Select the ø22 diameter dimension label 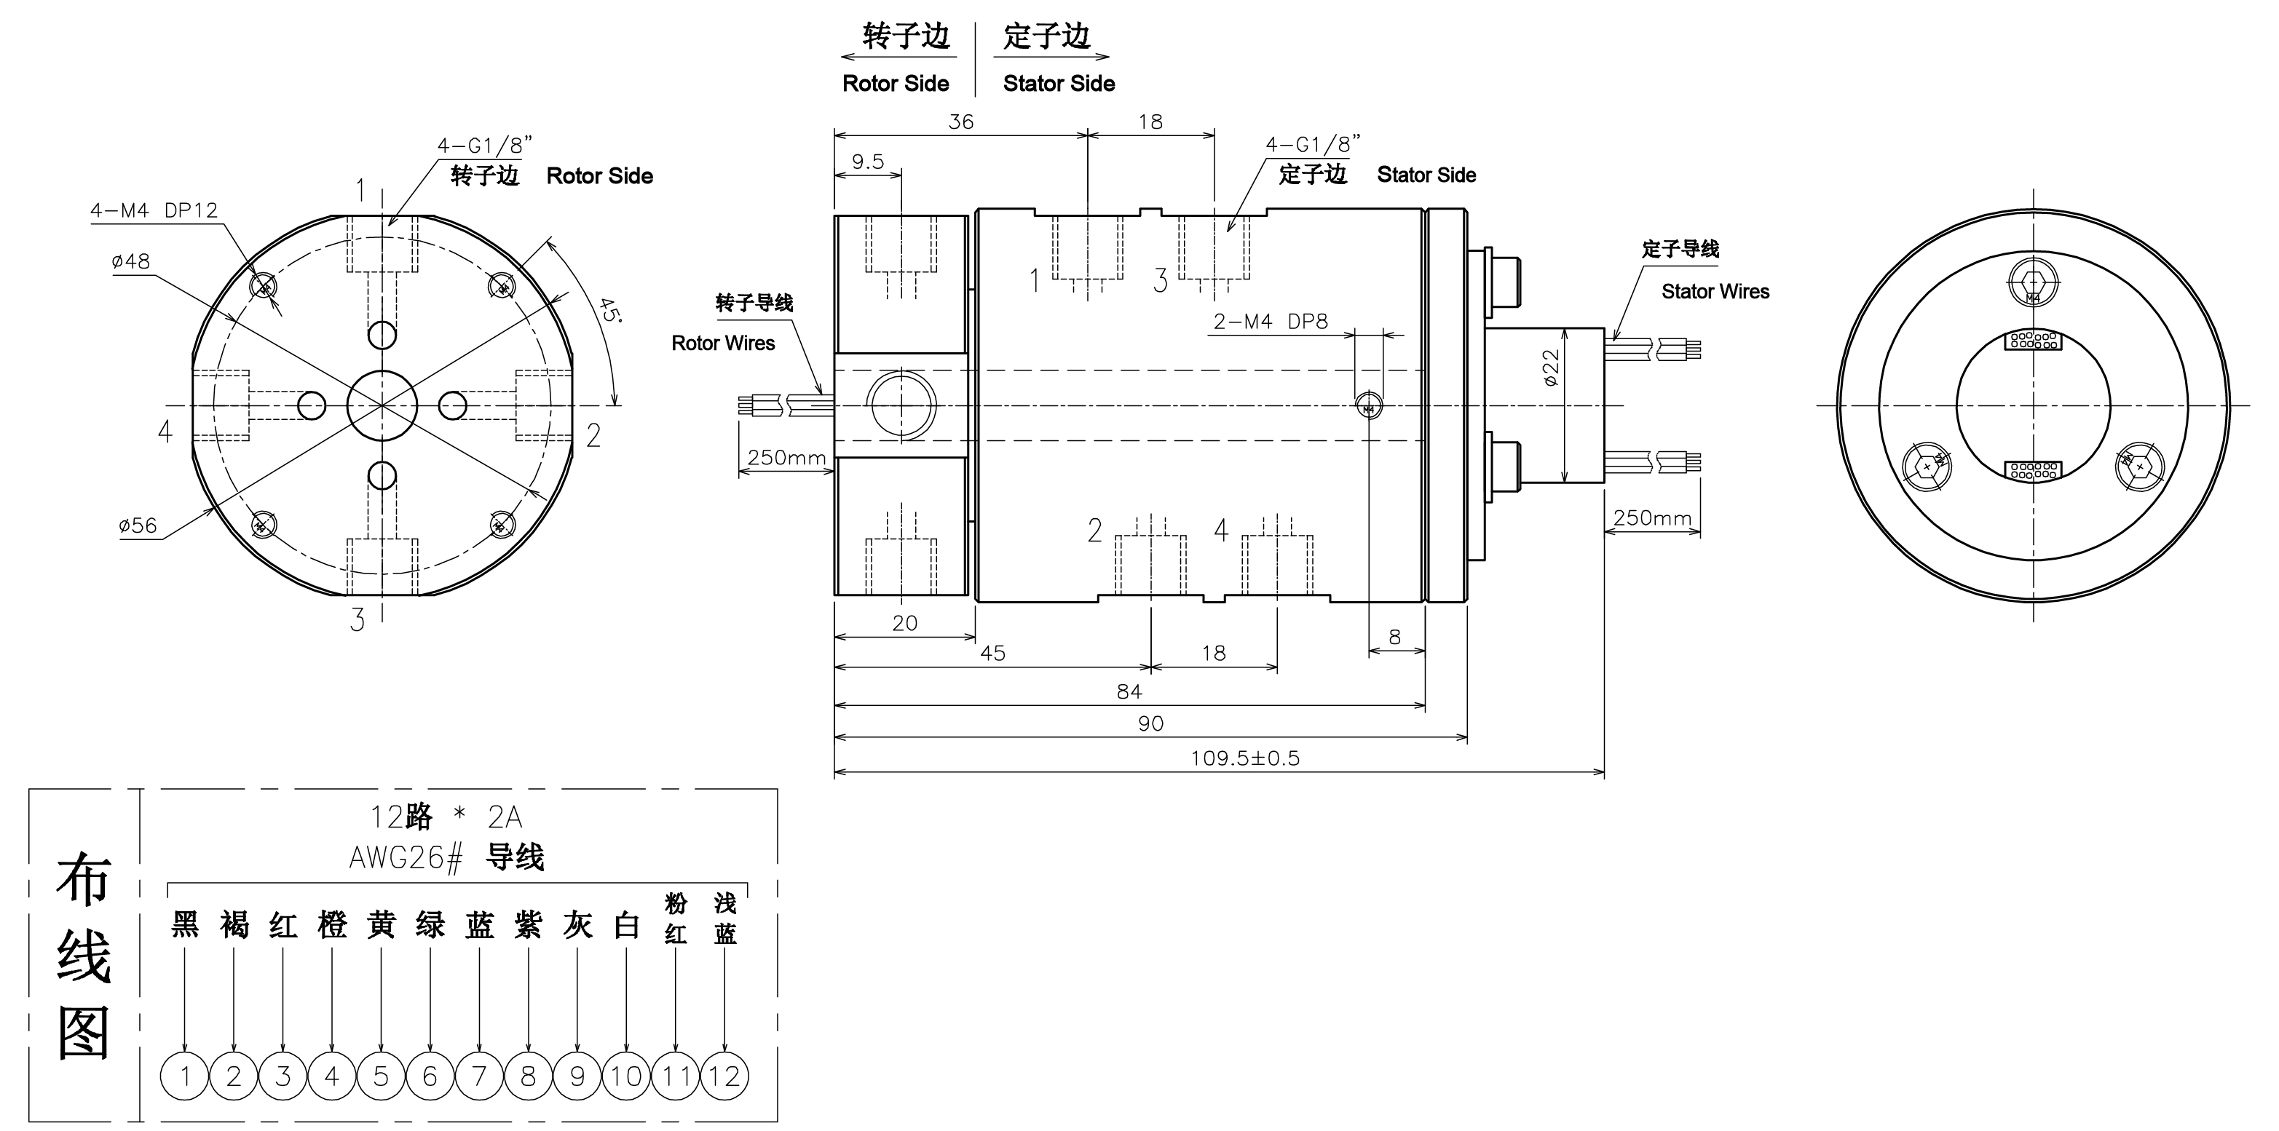click(x=1551, y=368)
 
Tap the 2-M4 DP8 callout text click(x=1271, y=322)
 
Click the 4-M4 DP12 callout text click(x=154, y=210)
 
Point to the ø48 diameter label click(x=131, y=262)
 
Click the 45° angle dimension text click(x=609, y=310)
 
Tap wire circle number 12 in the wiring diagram click(x=724, y=1076)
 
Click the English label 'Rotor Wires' click(x=723, y=343)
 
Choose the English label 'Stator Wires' click(x=1715, y=292)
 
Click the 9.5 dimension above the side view click(x=867, y=162)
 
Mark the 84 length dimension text click(x=1129, y=691)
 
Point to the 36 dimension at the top click(x=961, y=122)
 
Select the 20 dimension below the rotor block click(x=904, y=624)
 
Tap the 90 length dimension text click(x=1150, y=724)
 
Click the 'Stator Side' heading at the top click(x=1058, y=84)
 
